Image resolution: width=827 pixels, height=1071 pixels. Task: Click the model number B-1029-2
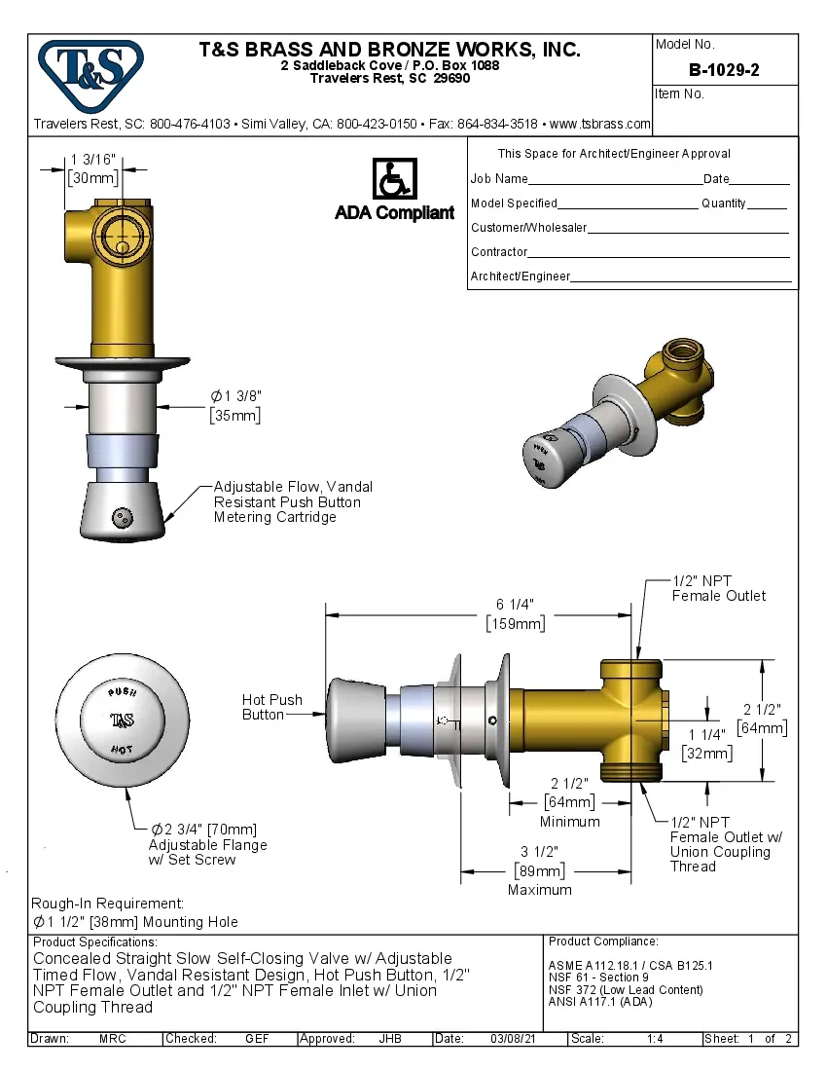[724, 70]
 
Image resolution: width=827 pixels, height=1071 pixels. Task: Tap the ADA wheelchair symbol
[394, 179]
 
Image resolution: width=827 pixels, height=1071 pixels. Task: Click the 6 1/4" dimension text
[515, 605]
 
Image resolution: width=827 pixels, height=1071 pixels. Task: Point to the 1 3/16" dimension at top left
[93, 160]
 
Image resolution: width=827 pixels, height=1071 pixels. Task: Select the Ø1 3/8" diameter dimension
[236, 396]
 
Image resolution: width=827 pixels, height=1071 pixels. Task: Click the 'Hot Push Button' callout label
[271, 707]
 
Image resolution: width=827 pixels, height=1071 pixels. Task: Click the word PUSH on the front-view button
[122, 692]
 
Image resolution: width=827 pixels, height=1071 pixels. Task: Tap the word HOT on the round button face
[122, 749]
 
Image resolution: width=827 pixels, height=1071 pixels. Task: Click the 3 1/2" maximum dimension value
[539, 851]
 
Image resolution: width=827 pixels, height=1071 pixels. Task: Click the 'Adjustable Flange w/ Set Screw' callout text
[207, 845]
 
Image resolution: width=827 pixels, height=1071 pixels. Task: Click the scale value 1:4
[656, 1039]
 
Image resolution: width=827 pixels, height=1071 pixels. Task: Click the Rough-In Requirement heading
[107, 904]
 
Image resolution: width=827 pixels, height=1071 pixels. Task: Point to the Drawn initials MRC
[112, 1039]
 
